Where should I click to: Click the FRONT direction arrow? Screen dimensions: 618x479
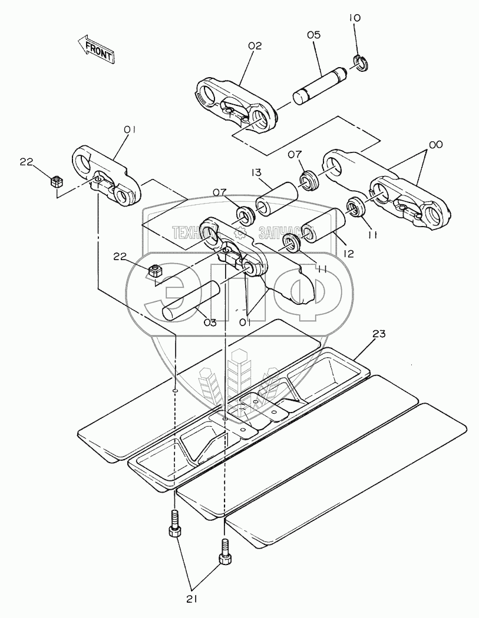(x=95, y=49)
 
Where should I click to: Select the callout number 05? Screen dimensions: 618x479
(x=313, y=35)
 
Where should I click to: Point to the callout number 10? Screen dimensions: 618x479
(x=355, y=19)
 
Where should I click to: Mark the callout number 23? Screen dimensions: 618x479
(x=379, y=334)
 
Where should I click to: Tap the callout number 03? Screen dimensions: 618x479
(x=210, y=323)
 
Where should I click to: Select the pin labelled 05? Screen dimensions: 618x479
(x=321, y=87)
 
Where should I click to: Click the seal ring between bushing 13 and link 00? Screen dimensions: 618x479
(x=308, y=179)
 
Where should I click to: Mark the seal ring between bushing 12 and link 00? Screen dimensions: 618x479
(x=355, y=207)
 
